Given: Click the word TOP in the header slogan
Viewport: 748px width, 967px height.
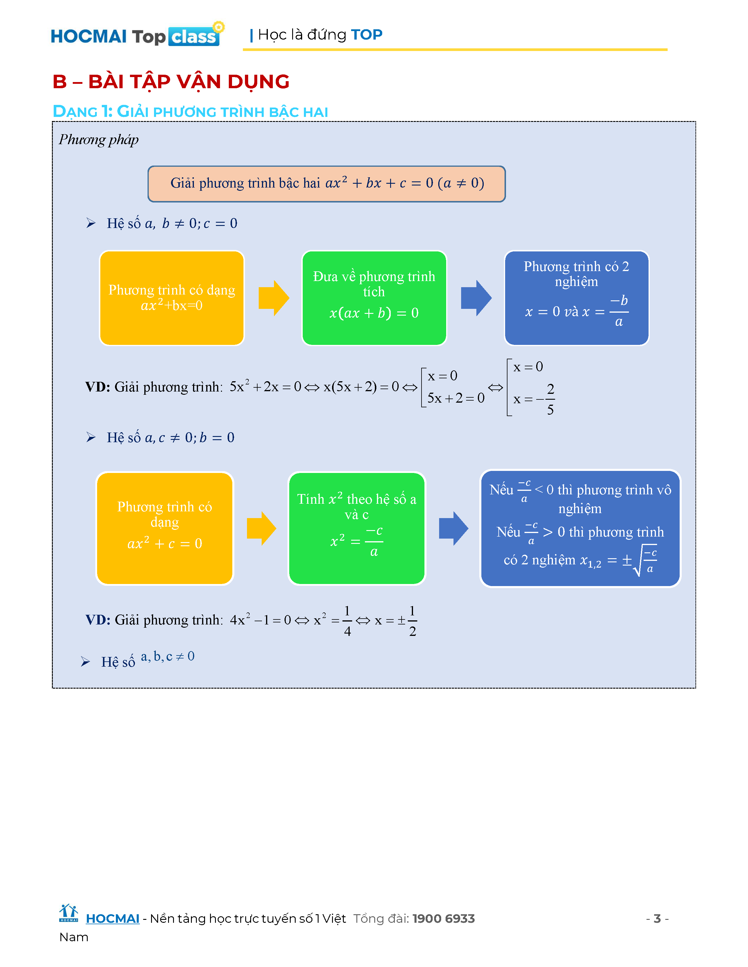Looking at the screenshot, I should [x=366, y=35].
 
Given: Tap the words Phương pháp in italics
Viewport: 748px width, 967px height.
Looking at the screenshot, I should [x=98, y=139].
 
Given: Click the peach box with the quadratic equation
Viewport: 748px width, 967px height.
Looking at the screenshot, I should [x=326, y=184].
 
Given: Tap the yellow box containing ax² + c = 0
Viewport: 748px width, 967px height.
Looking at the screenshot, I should [x=164, y=528].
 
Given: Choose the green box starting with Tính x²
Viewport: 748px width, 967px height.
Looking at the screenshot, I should [x=357, y=528].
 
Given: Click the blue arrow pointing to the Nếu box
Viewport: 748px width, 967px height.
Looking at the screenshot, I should [x=453, y=528].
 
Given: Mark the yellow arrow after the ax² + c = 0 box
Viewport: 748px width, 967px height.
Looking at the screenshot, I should [x=261, y=528].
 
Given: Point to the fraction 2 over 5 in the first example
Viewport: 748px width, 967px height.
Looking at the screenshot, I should [x=550, y=399].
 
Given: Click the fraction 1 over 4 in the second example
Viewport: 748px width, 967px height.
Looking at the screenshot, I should [x=347, y=621].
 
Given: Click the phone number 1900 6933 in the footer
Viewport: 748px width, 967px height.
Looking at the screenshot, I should [x=443, y=919].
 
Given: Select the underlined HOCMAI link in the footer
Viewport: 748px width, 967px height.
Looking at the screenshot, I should [x=113, y=919].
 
